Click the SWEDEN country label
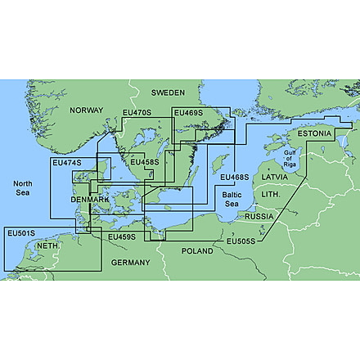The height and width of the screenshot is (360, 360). click(x=168, y=93)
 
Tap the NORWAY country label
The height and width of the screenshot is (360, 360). click(x=87, y=110)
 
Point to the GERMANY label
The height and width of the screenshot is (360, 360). click(x=131, y=263)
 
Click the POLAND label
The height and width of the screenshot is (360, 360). click(x=196, y=250)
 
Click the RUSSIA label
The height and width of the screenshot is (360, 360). click(x=259, y=216)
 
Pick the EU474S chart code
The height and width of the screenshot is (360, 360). click(x=66, y=163)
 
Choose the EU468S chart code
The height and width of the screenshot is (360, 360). click(x=235, y=176)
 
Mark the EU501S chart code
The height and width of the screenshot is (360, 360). click(x=20, y=234)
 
